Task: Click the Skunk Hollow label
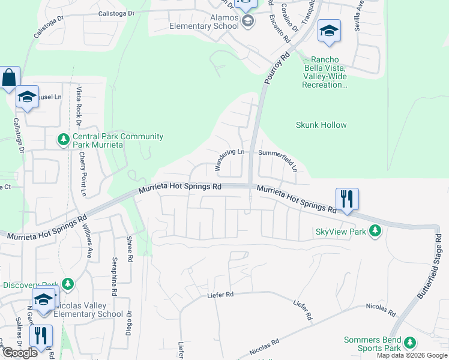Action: pyautogui.click(x=321, y=125)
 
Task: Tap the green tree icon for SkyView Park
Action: pyautogui.click(x=375, y=231)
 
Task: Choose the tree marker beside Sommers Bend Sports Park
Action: pyautogui.click(x=409, y=343)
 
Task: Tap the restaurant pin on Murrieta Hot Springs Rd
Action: pyautogui.click(x=347, y=199)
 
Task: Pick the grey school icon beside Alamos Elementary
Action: pyautogui.click(x=248, y=21)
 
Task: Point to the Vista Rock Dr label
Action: pyautogui.click(x=79, y=106)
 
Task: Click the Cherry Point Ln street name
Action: pyautogui.click(x=83, y=173)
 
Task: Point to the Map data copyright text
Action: pyautogui.click(x=412, y=356)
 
